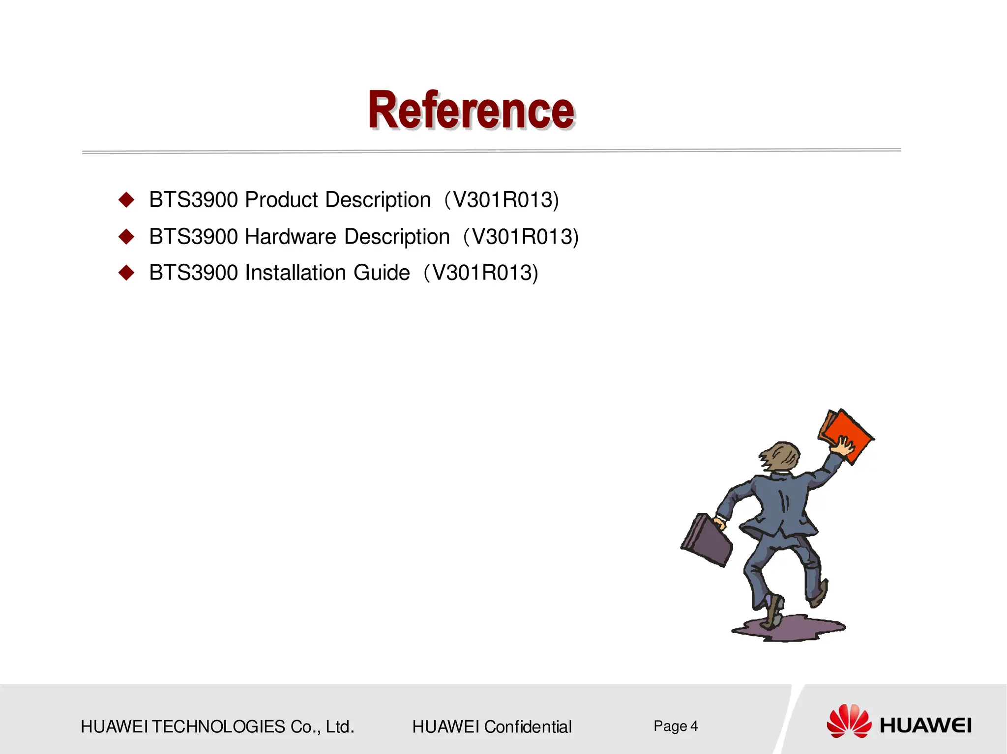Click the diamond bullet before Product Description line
click(126, 199)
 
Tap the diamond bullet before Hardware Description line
click(126, 236)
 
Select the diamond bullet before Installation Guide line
click(126, 273)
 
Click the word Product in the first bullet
click(281, 200)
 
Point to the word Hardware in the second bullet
click(290, 237)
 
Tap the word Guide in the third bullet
click(382, 273)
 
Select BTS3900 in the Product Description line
click(193, 200)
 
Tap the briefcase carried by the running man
click(706, 539)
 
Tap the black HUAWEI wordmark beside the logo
click(925, 726)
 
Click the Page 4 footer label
click(675, 726)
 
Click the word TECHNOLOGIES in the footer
click(218, 726)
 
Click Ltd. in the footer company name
click(340, 726)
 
